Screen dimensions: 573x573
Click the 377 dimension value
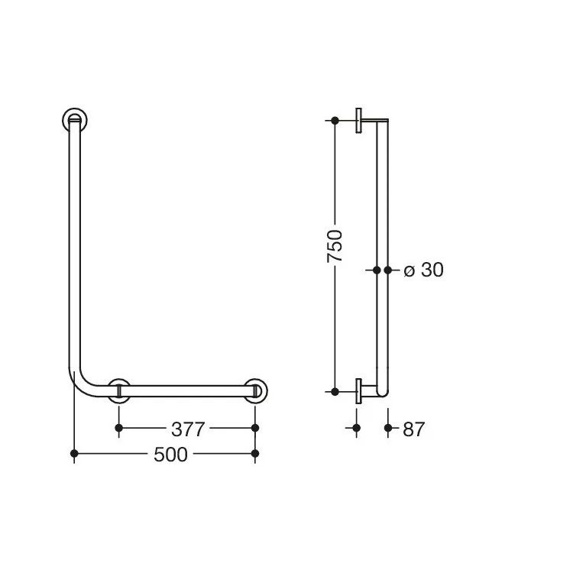click(x=187, y=429)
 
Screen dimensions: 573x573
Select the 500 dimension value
click(x=170, y=455)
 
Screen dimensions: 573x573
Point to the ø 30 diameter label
click(x=422, y=270)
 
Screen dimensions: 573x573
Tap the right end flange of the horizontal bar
click(x=255, y=390)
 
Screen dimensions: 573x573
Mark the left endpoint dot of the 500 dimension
click(x=74, y=455)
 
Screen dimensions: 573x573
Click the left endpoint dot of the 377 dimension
click(x=118, y=429)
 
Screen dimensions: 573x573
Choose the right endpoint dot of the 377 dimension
click(x=255, y=429)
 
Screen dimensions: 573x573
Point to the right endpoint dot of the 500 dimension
click(x=255, y=455)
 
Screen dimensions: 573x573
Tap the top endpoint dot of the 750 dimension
click(x=335, y=121)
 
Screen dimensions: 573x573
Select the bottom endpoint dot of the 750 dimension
click(x=335, y=391)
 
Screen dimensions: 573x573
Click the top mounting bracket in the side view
click(x=361, y=121)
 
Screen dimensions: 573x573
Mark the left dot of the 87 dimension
click(x=356, y=429)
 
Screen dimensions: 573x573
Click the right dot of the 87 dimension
click(x=388, y=429)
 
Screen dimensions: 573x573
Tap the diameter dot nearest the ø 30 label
click(x=388, y=270)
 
